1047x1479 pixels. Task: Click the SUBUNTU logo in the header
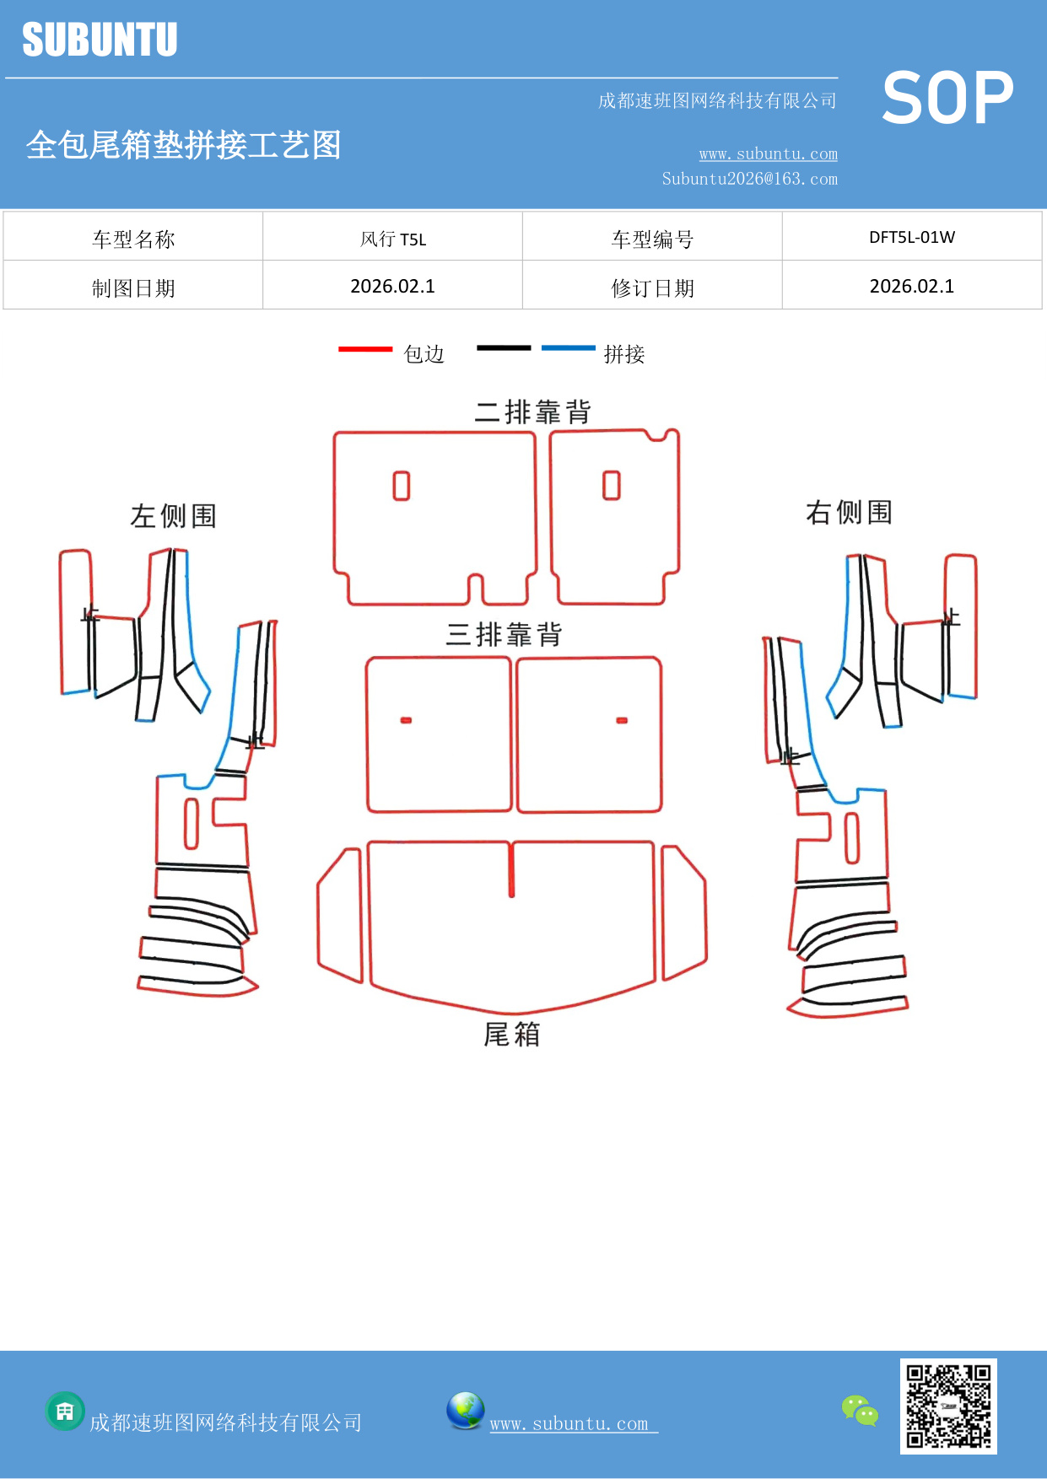pyautogui.click(x=100, y=40)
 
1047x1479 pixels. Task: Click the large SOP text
pyautogui.click(x=947, y=99)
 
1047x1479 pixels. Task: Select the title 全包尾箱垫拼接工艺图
pyautogui.click(x=183, y=145)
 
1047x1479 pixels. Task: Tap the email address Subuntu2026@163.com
pyautogui.click(x=749, y=179)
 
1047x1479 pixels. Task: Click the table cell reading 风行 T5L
pyautogui.click(x=392, y=239)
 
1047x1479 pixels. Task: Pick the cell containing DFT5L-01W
pyautogui.click(x=911, y=238)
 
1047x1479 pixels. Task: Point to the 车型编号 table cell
pyautogui.click(x=652, y=239)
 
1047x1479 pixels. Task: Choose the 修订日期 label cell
pyautogui.click(x=652, y=288)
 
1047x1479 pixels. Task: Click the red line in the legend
pyautogui.click(x=365, y=348)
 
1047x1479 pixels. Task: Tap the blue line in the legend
pyautogui.click(x=568, y=347)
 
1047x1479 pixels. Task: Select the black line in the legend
pyautogui.click(x=504, y=347)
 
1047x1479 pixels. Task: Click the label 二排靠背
pyautogui.click(x=532, y=412)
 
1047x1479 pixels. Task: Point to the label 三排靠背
pyautogui.click(x=504, y=634)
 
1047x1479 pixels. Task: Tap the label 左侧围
pyautogui.click(x=174, y=516)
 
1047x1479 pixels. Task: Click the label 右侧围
pyautogui.click(x=849, y=512)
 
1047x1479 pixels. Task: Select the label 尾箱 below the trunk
pyautogui.click(x=511, y=1034)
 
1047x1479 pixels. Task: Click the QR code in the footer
pyautogui.click(x=948, y=1406)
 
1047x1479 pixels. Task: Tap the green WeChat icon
pyautogui.click(x=860, y=1411)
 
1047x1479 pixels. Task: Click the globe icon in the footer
pyautogui.click(x=465, y=1411)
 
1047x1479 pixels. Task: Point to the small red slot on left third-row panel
pyautogui.click(x=406, y=720)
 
